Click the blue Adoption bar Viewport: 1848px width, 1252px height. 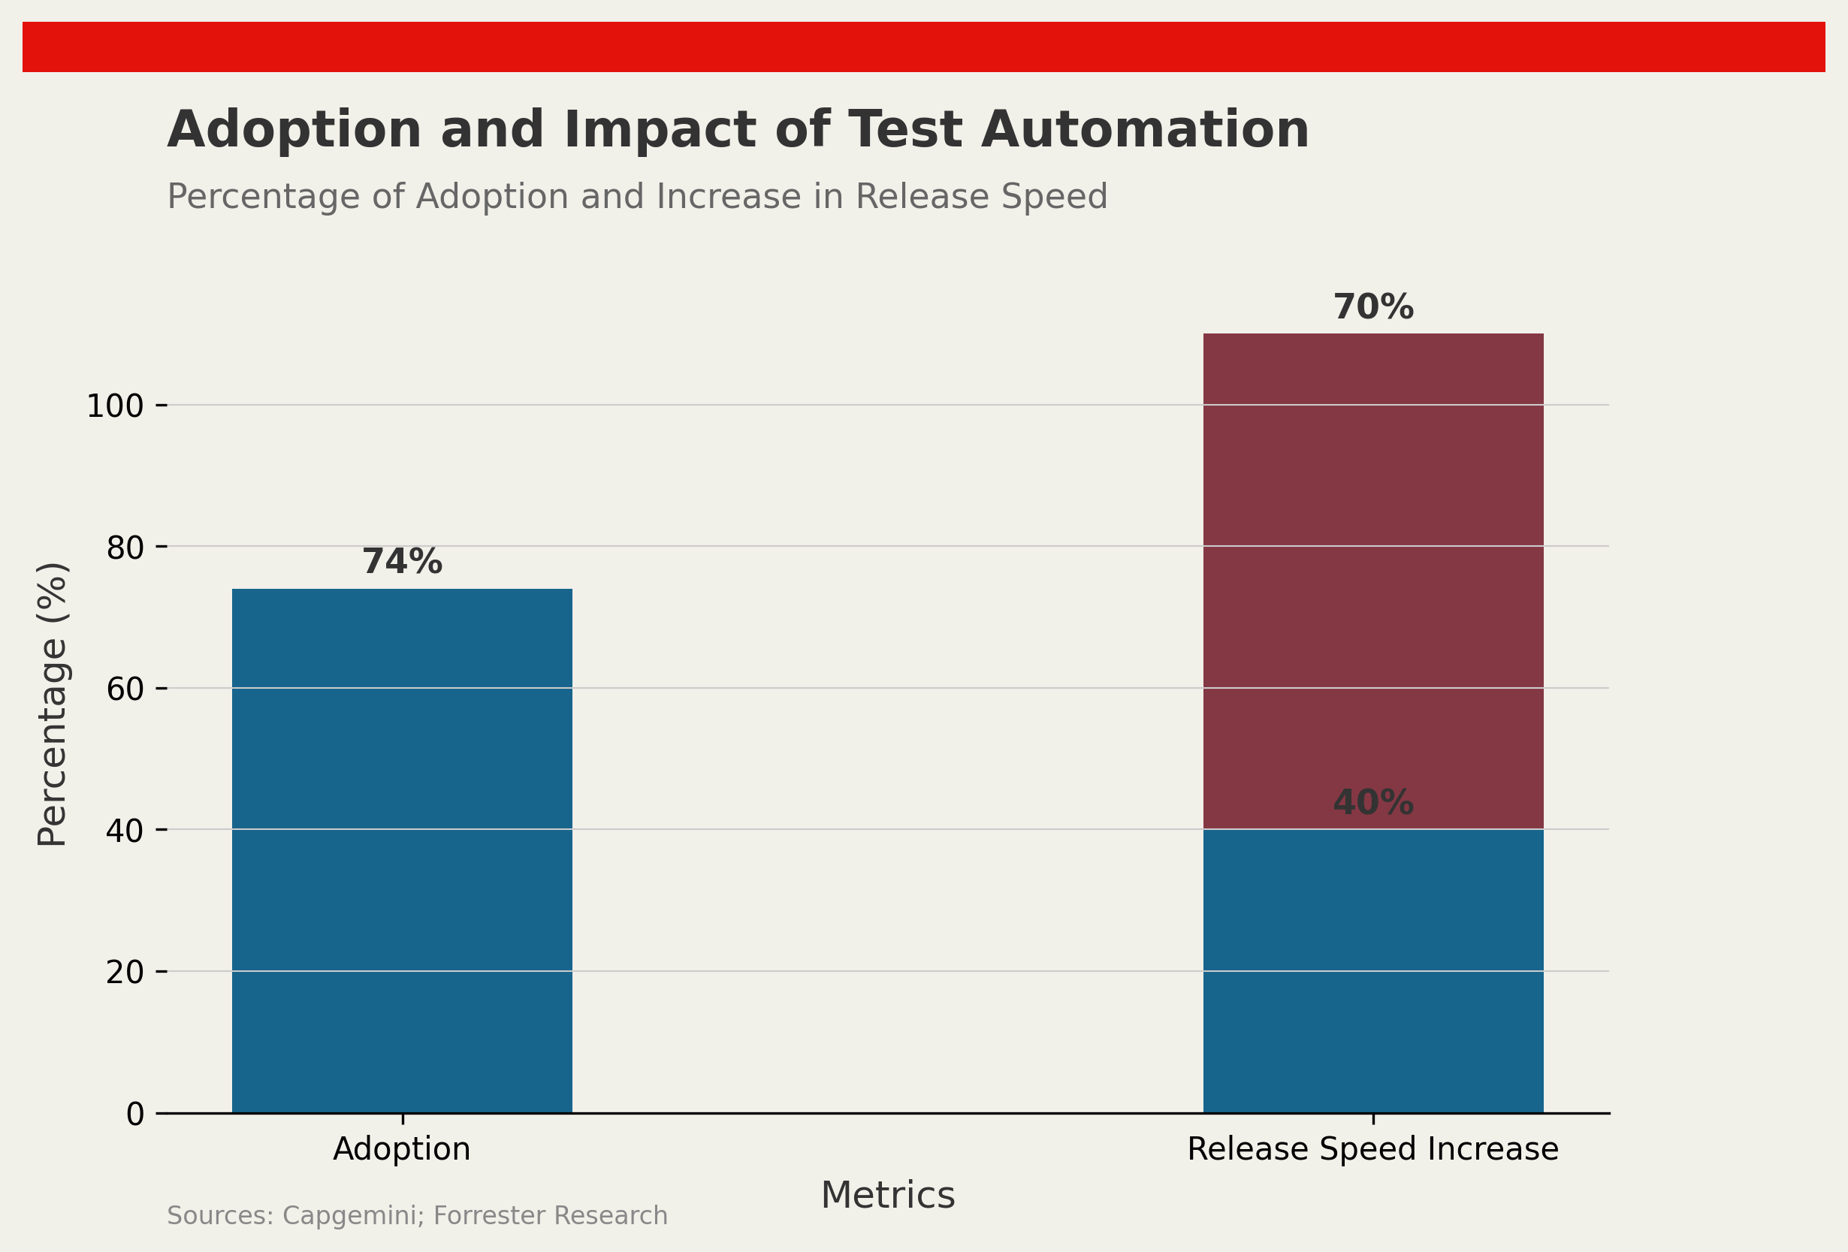402,851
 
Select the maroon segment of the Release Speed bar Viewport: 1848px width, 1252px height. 1372,581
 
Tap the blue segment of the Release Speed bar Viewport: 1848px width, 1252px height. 1372,970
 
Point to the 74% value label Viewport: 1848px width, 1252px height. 402,562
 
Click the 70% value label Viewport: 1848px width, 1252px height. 1372,308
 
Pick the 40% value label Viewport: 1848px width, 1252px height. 1372,803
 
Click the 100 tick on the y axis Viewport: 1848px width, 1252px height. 114,406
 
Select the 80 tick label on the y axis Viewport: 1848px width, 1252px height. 125,548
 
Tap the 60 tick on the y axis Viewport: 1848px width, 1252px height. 125,689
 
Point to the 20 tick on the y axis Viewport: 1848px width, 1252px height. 125,972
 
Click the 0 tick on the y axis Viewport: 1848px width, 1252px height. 135,1115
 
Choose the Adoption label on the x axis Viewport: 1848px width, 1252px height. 402,1149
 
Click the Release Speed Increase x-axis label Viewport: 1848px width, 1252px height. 1372,1149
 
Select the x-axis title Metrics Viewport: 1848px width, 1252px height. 887,1196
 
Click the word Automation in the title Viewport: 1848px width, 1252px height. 1144,130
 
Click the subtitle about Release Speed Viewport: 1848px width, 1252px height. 636,196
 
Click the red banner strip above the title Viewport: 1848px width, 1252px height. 923,47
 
